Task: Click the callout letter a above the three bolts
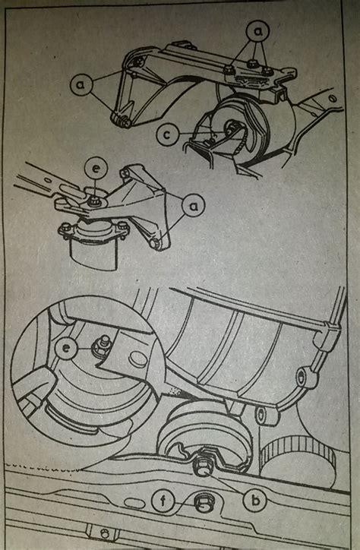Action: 257,32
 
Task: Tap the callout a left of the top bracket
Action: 82,84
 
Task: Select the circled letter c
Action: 168,134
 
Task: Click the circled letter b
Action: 255,500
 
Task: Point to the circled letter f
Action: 163,501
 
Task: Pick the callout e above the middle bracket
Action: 96,169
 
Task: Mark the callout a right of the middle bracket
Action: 194,206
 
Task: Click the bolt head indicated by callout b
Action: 202,466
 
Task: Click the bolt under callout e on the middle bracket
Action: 94,201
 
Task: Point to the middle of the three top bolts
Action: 251,64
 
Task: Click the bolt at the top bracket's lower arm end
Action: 123,121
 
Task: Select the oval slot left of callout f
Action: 135,503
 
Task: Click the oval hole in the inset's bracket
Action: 137,359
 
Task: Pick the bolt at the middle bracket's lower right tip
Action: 155,243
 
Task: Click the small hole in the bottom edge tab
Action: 103,534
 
